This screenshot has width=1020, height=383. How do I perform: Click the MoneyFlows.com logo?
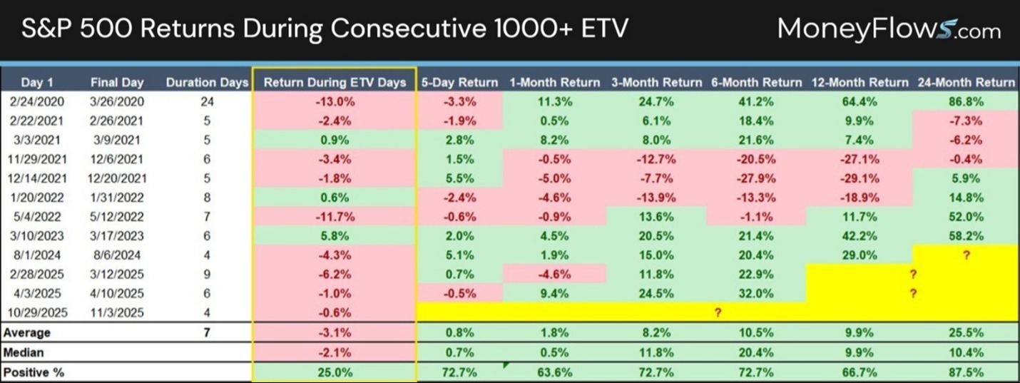[888, 29]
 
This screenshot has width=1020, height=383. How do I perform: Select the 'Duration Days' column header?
[207, 82]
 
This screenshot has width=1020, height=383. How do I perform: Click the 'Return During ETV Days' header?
[335, 82]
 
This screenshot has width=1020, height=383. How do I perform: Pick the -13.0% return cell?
[335, 101]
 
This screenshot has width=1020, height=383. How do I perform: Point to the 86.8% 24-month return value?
[967, 101]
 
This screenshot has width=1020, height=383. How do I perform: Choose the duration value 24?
[207, 101]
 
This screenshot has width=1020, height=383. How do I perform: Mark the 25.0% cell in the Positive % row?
[335, 372]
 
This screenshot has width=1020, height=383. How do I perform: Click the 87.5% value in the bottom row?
[967, 372]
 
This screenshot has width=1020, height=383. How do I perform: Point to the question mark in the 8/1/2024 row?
[967, 255]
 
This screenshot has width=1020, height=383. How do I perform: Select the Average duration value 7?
[207, 332]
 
